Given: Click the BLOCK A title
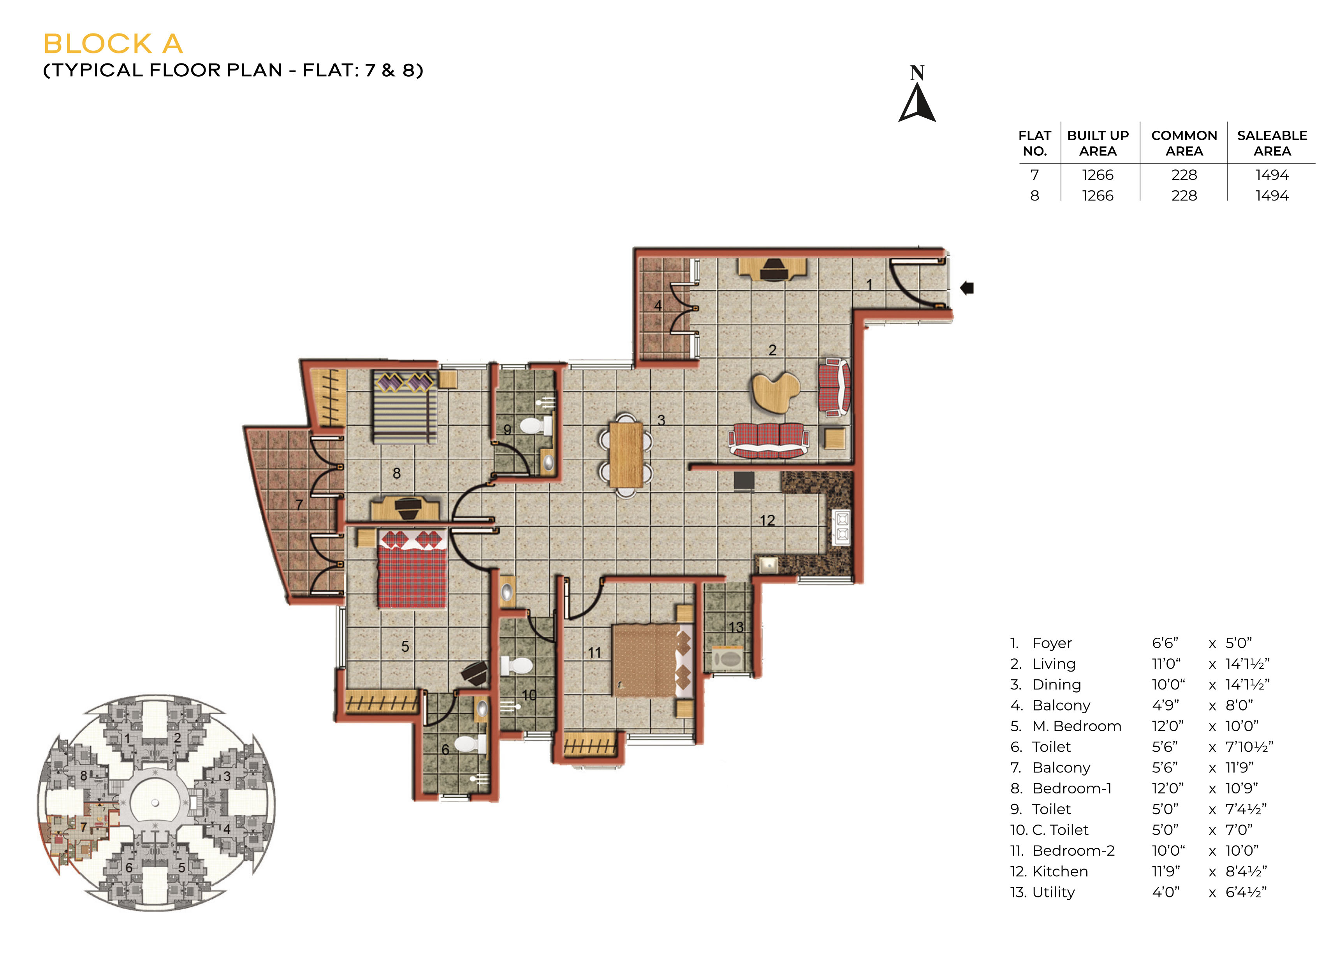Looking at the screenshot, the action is click(113, 44).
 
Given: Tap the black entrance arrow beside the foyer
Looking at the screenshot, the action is click(967, 288).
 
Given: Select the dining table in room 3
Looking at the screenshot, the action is click(626, 454).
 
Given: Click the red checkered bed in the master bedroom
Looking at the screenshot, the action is click(412, 568).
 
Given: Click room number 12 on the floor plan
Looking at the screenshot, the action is click(767, 521).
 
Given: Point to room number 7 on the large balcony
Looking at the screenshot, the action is click(299, 505).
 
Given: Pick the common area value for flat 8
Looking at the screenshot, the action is click(1184, 195).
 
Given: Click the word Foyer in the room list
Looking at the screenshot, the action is click(1052, 643).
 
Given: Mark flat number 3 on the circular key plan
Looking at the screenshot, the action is click(227, 776).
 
